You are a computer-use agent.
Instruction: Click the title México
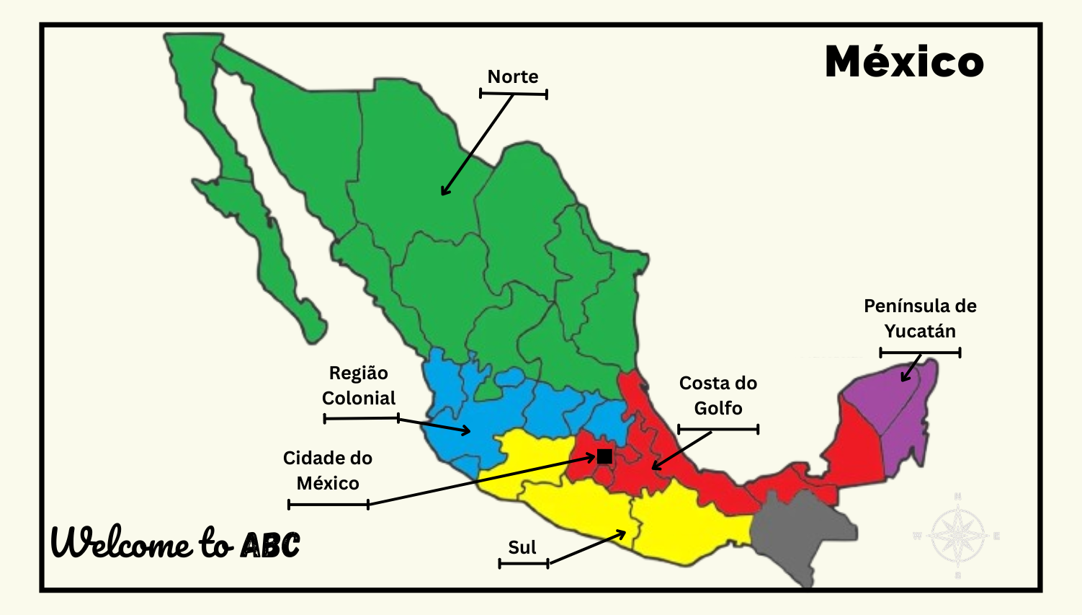904,62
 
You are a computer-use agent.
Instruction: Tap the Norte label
513,76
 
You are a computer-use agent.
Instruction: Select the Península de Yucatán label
920,319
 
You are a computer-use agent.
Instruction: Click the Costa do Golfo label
718,396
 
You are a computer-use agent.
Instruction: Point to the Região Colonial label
359,386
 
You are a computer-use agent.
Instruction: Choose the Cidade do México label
328,470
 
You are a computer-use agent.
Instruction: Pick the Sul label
522,547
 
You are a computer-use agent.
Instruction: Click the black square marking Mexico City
604,456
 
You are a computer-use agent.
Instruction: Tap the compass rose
957,536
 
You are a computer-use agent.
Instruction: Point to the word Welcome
121,542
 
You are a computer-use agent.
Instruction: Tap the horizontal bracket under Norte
514,94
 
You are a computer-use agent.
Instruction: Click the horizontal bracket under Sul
524,563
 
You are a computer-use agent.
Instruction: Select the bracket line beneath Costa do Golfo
718,430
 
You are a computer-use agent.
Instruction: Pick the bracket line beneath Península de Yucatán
920,353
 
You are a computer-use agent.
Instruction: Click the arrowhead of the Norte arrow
444,193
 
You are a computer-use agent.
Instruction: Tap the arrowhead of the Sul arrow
623,533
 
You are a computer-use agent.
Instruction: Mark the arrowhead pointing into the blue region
468,431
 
